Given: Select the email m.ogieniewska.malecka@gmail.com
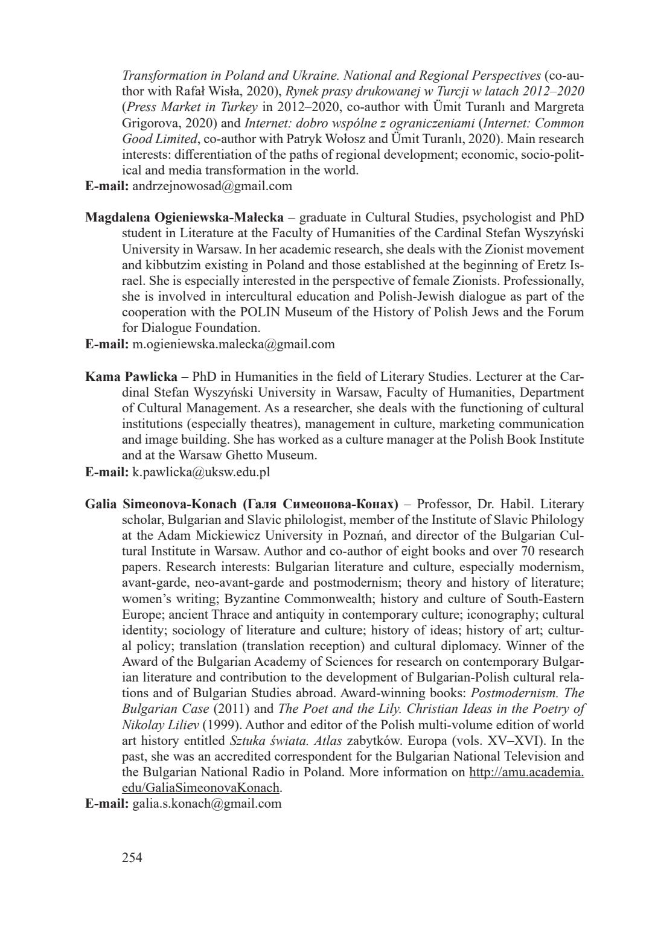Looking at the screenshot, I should pyautogui.click(x=233, y=344).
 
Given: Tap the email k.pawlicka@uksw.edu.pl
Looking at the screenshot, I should pyautogui.click(x=200, y=471).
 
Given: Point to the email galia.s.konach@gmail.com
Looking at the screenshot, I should pyautogui.click(x=206, y=803).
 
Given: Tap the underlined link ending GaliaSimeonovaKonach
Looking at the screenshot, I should pyautogui.click(x=201, y=788).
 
